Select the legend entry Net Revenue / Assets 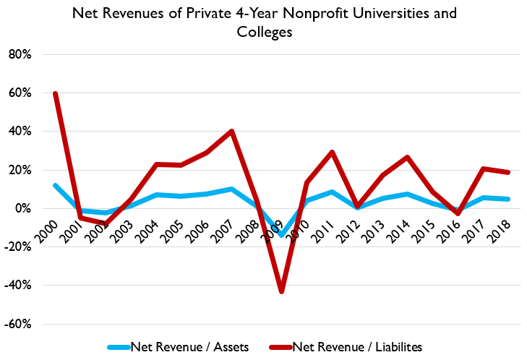point(190,346)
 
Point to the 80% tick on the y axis point(25,54)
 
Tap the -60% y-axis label point(23,324)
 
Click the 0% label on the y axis point(28,208)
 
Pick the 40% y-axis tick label point(25,132)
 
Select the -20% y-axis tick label point(23,247)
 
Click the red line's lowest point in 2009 point(281,291)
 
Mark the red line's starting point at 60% point(55,93)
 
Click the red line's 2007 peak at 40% point(231,131)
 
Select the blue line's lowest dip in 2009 point(281,235)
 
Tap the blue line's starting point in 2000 point(55,185)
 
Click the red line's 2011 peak point(332,152)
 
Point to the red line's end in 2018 point(509,172)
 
